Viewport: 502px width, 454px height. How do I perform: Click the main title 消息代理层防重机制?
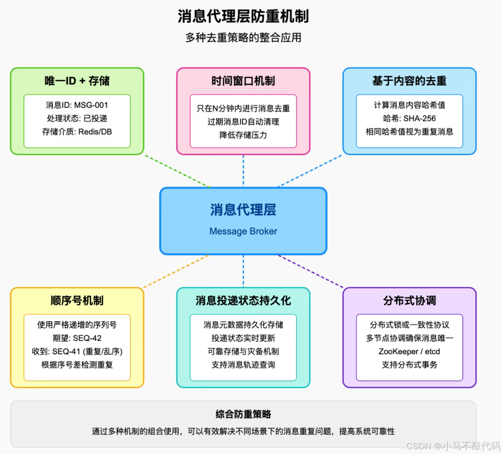pyautogui.click(x=243, y=17)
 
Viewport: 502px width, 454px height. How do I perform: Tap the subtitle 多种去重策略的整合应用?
pyautogui.click(x=243, y=38)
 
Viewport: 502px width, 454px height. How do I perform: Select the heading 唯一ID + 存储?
pyautogui.click(x=77, y=81)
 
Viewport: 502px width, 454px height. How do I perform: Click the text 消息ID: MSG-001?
pyautogui.click(x=77, y=105)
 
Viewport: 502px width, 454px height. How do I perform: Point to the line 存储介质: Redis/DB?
pyautogui.click(x=77, y=131)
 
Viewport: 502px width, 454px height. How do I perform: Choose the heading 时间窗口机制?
pyautogui.click(x=243, y=81)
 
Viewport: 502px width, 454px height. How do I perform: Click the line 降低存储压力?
pyautogui.click(x=243, y=135)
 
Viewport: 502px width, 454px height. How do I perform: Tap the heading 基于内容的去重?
pyautogui.click(x=410, y=81)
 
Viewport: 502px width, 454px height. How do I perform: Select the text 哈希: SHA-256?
pyautogui.click(x=410, y=118)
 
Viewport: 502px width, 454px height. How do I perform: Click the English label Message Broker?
pyautogui.click(x=243, y=231)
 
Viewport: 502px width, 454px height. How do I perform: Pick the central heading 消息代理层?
pyautogui.click(x=243, y=210)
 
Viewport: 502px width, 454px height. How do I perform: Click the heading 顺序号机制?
pyautogui.click(x=77, y=301)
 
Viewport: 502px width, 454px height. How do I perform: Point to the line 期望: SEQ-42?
pyautogui.click(x=77, y=338)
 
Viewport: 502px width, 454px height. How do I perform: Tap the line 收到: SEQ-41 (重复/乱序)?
pyautogui.click(x=77, y=352)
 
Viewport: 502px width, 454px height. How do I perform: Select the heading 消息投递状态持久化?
pyautogui.click(x=243, y=301)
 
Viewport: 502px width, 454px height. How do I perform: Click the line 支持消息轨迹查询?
pyautogui.click(x=243, y=365)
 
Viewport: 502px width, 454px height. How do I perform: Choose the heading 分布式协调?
pyautogui.click(x=410, y=301)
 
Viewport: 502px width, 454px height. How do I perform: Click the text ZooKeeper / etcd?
pyautogui.click(x=410, y=352)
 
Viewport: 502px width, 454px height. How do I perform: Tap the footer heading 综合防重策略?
pyautogui.click(x=243, y=414)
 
